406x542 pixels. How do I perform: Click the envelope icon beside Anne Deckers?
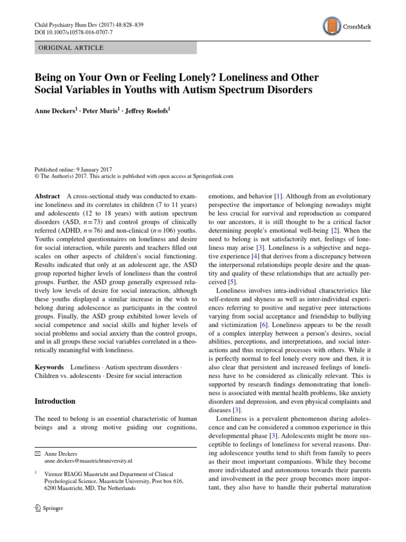(x=36, y=454)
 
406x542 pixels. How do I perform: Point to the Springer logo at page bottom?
(x=49, y=509)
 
